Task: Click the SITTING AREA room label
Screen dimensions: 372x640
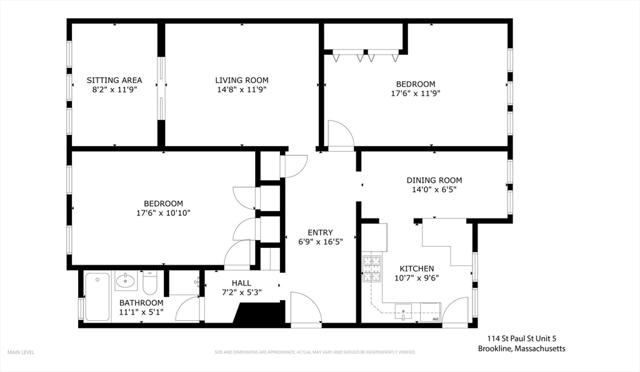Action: [x=114, y=81]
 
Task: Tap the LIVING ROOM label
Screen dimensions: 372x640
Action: [x=242, y=81]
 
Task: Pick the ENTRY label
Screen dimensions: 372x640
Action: [x=320, y=233]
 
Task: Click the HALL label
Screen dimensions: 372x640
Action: [x=241, y=283]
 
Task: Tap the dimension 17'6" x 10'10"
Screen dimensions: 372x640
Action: [x=163, y=213]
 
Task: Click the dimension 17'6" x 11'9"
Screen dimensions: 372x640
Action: [x=416, y=94]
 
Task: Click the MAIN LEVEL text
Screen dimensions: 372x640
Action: [x=21, y=352]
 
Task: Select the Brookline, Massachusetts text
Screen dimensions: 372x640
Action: [x=521, y=349]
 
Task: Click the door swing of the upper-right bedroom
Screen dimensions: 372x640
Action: [x=341, y=134]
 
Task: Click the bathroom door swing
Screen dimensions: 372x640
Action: [x=187, y=308]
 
